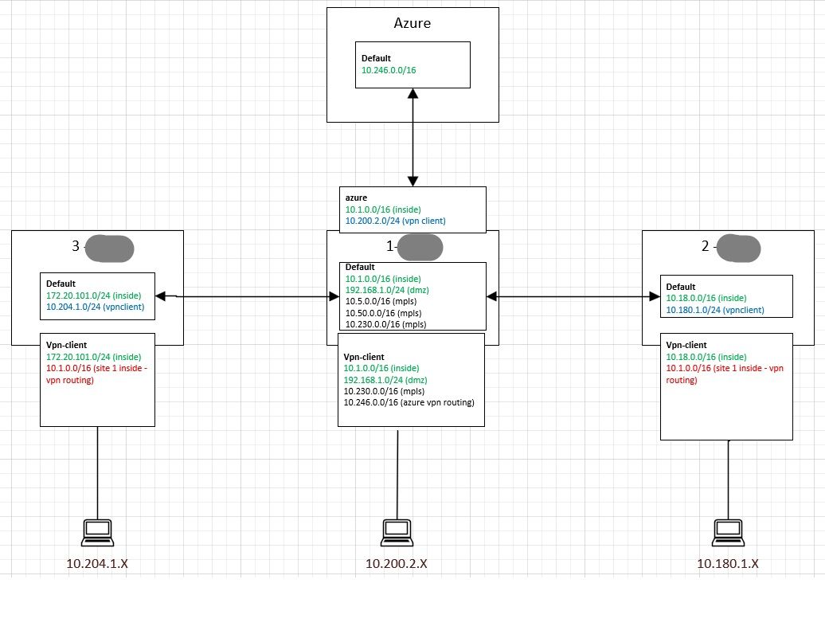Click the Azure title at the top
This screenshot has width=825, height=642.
412,23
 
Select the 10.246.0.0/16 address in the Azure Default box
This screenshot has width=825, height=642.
389,70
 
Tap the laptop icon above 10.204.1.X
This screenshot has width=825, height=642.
97,533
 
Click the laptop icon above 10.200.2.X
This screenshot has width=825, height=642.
397,533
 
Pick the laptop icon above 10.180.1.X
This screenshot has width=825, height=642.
728,533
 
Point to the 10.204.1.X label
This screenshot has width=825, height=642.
97,564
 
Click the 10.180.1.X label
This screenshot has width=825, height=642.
728,564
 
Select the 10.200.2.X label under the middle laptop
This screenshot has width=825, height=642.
397,564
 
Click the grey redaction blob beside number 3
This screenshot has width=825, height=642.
109,249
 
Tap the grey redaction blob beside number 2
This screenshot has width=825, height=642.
739,249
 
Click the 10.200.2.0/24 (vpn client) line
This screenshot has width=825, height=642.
395,221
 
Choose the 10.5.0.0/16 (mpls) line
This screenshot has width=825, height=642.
381,302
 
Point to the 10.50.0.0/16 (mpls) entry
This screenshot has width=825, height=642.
383,313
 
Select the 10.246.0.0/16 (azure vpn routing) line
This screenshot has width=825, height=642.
409,402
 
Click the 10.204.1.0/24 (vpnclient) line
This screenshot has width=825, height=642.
96,307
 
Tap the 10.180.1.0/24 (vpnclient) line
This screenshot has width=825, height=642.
715,310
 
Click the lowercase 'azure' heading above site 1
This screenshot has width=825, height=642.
356,198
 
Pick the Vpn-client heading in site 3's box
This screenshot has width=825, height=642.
66,345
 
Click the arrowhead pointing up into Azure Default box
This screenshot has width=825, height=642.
413,94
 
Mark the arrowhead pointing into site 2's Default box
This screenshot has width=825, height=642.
655,297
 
